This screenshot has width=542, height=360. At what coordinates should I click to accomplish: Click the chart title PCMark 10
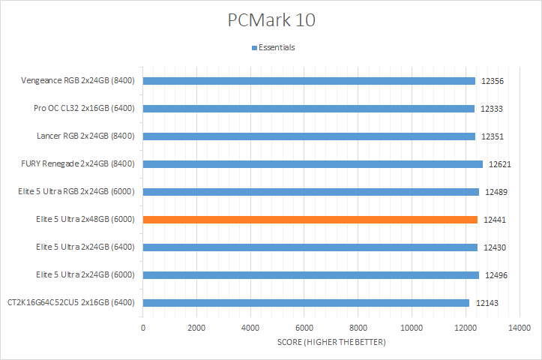coord(271,20)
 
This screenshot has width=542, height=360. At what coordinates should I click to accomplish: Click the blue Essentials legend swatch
coord(254,48)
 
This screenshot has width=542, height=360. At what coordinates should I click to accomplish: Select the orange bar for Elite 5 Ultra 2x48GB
coord(310,220)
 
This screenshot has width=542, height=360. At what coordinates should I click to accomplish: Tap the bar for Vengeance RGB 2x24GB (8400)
coord(308,81)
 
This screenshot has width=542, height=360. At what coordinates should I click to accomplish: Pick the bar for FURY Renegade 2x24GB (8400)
coord(312,164)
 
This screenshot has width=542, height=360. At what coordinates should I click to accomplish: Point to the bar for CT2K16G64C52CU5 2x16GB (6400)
coord(306,303)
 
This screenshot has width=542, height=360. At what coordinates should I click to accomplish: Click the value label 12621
coord(500,164)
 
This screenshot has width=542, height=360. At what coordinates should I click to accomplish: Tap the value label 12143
coord(487,303)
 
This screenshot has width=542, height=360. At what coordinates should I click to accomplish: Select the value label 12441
coord(495,220)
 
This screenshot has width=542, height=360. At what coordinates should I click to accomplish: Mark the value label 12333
coord(492,109)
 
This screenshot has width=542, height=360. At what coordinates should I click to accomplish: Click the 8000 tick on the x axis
coord(358,328)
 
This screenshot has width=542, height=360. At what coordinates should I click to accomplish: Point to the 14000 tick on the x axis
coord(519,328)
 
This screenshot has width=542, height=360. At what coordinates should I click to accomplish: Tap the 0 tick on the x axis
coord(143,328)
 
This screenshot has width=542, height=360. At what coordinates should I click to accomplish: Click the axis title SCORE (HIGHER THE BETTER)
coord(331,343)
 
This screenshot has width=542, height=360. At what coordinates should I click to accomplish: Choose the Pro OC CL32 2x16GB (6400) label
coord(84,109)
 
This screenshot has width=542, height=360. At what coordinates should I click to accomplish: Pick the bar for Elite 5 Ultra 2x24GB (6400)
coord(310,247)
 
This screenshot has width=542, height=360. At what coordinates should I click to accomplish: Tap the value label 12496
coord(496,275)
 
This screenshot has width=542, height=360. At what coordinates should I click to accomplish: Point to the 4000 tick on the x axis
coord(250,328)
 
